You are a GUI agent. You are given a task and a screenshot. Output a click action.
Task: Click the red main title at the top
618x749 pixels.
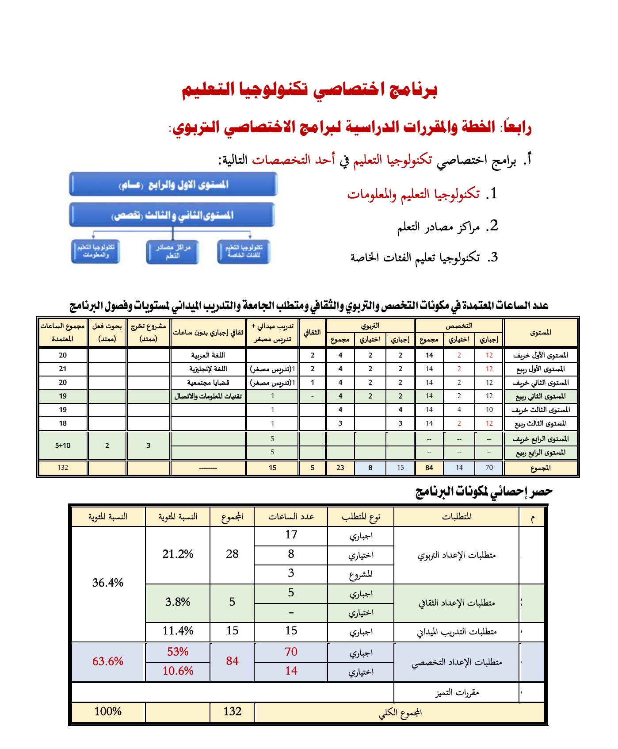tap(309, 90)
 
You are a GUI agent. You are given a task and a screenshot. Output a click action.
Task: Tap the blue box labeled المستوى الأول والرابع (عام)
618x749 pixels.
tap(173, 184)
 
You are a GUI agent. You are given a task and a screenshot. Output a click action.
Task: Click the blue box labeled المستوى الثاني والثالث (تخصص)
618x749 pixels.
tap(172, 215)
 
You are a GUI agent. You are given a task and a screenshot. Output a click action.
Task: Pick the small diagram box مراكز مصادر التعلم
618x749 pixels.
tap(172, 252)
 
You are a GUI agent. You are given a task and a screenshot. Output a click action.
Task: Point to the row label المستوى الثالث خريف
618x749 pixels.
tap(540, 410)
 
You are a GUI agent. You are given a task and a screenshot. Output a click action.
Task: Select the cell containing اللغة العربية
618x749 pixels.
tap(208, 355)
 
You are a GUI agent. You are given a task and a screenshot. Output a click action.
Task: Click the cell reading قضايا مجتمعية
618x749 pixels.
tap(208, 383)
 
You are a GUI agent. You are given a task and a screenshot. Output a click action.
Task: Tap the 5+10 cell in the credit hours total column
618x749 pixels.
tap(63, 446)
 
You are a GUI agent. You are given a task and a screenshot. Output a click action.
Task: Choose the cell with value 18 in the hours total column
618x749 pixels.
tap(63, 423)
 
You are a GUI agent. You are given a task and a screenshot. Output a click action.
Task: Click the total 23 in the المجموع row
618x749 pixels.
tap(340, 468)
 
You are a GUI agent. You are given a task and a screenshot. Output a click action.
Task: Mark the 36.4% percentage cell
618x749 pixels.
tap(108, 583)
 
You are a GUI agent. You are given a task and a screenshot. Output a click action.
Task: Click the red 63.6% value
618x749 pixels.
tap(108, 661)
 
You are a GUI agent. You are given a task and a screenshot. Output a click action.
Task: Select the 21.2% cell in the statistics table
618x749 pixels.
tap(178, 554)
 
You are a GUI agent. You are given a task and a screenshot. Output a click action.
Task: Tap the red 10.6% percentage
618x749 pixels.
tap(178, 671)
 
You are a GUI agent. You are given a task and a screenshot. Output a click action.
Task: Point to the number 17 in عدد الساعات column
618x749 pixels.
tap(291, 535)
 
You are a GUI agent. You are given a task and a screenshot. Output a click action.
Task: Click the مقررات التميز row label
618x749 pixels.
tap(457, 693)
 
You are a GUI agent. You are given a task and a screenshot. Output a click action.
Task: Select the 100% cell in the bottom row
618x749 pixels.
tap(108, 711)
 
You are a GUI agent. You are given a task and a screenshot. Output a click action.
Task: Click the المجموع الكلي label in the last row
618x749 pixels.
tap(400, 713)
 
